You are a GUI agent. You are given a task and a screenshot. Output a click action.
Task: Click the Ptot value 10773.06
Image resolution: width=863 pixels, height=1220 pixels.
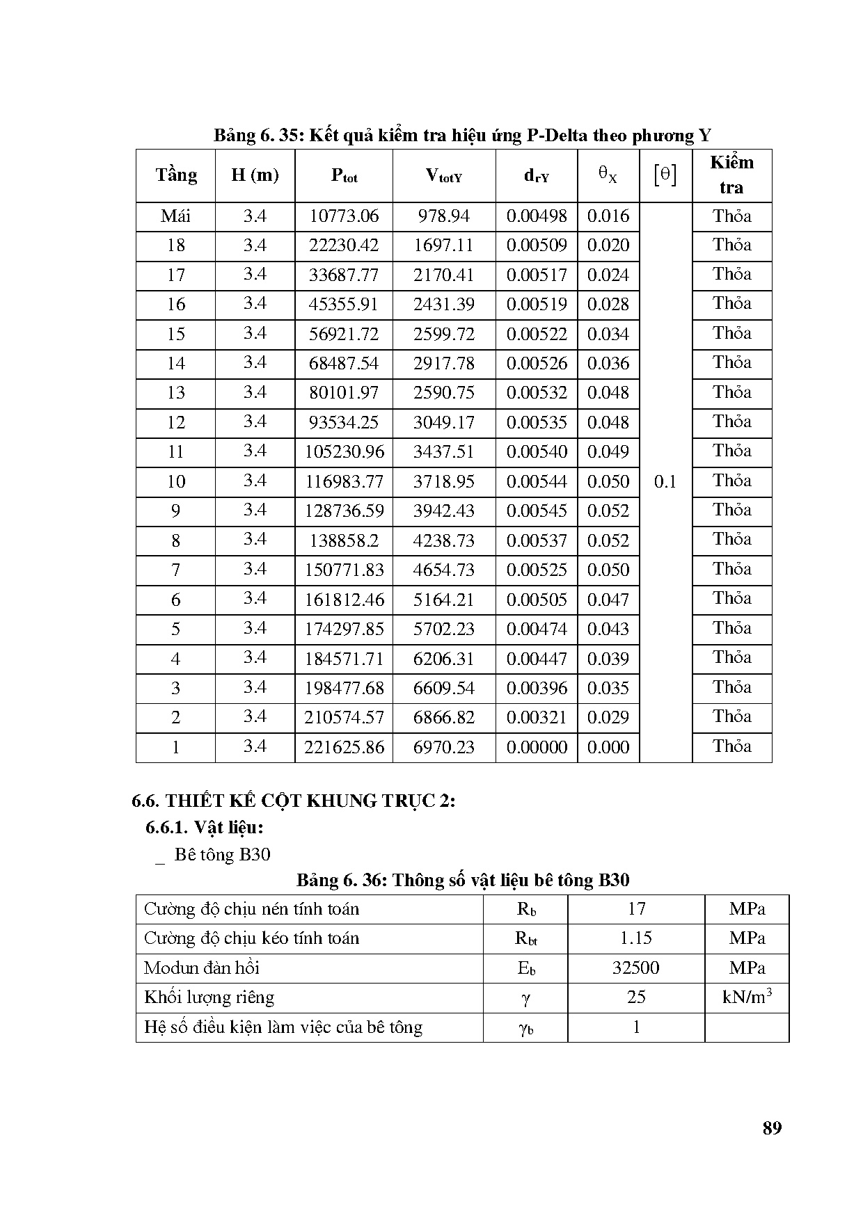[344, 216]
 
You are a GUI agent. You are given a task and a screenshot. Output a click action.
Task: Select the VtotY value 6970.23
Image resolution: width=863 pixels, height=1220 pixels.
[443, 748]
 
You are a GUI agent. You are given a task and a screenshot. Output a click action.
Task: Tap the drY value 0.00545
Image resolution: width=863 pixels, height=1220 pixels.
[537, 511]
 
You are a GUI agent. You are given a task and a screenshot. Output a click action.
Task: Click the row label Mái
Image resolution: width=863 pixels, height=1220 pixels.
[175, 216]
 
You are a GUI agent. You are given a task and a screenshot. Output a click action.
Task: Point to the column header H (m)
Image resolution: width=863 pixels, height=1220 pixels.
[255, 175]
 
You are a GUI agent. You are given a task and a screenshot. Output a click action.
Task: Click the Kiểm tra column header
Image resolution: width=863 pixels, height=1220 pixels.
[731, 175]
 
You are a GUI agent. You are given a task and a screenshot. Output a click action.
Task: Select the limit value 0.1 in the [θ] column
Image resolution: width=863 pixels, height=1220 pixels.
[665, 482]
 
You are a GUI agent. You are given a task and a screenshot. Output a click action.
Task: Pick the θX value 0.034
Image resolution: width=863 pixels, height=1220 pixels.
[608, 335]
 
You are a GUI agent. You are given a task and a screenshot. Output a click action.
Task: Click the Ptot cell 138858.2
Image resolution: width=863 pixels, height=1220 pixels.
[344, 541]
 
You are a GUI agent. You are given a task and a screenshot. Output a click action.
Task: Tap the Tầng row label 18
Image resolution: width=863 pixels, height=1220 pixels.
[175, 246]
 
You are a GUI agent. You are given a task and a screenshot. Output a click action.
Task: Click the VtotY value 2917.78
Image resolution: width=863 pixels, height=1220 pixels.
[443, 364]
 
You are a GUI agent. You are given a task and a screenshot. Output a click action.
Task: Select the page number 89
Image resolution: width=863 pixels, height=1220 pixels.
[772, 1128]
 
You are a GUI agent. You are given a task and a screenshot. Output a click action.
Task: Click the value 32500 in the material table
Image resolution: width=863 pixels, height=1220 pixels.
[635, 968]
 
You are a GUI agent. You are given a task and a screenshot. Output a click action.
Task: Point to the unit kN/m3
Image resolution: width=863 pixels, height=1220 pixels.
[747, 997]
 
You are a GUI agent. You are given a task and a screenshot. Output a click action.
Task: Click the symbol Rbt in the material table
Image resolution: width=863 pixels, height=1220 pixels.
[525, 938]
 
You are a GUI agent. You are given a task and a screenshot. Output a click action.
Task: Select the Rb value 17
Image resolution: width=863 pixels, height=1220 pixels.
[636, 909]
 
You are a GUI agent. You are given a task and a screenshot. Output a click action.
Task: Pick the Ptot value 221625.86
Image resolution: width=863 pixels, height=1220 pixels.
[344, 748]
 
